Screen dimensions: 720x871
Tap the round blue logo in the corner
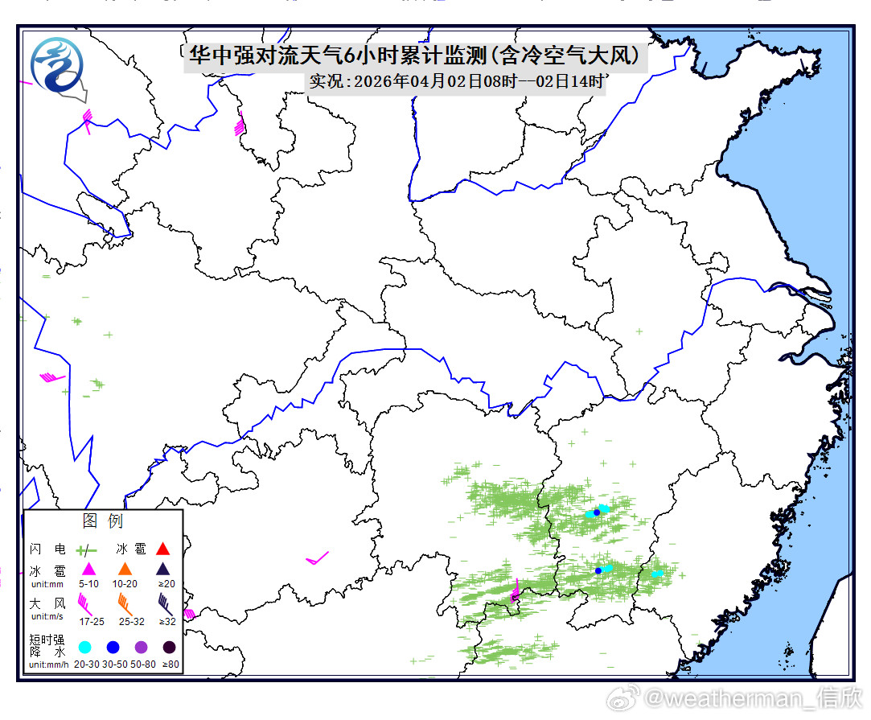click(56, 64)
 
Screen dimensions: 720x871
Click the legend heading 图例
click(102, 520)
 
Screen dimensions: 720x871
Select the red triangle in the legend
click(162, 549)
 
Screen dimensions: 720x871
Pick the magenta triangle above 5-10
click(88, 570)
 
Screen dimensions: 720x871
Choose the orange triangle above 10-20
click(125, 570)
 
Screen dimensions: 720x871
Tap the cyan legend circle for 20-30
click(84, 647)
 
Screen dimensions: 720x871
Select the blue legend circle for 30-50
click(113, 647)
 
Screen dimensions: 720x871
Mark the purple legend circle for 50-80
click(141, 647)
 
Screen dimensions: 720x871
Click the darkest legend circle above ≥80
click(169, 647)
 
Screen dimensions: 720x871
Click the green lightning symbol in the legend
click(86, 550)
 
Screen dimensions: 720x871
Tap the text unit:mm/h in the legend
click(49, 664)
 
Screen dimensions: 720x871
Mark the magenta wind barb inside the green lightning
click(515, 592)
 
